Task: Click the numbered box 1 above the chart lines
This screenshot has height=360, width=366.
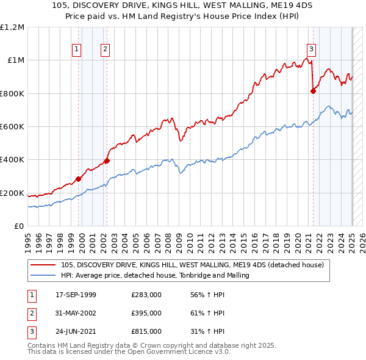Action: point(77,49)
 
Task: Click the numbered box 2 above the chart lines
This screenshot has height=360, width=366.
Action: point(105,49)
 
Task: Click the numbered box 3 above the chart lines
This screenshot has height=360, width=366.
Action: point(311,49)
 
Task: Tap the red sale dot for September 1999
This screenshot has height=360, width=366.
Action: point(79,179)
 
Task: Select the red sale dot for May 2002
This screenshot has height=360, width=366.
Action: point(107,160)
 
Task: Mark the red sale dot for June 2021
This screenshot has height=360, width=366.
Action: point(313,91)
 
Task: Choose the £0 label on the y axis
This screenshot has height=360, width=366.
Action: point(18,226)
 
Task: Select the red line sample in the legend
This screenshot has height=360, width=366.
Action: point(43,265)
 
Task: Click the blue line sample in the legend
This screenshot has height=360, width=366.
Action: point(43,275)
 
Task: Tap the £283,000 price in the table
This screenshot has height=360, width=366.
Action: point(146,295)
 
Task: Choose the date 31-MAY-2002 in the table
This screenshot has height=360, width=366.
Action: point(76,313)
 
